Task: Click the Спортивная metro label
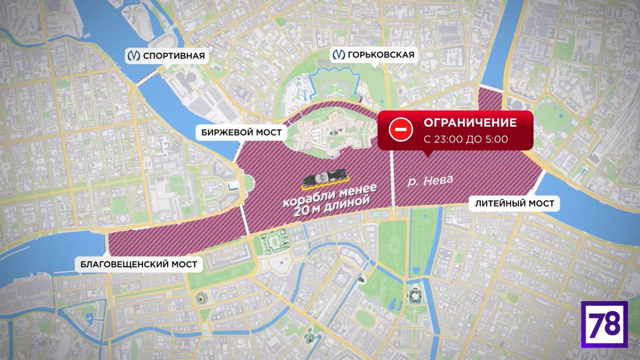[x=166, y=55]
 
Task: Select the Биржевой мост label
[x=242, y=133]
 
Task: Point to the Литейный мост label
[x=514, y=203]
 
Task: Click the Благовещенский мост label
[x=139, y=264]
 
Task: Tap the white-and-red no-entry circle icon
[x=400, y=130]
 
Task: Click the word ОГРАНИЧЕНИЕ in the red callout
[x=470, y=122]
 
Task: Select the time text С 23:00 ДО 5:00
[x=466, y=139]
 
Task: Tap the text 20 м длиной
[x=331, y=206]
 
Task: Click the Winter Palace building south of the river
[x=274, y=240]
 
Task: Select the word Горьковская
[x=381, y=55]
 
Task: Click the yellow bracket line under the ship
[x=325, y=187]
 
